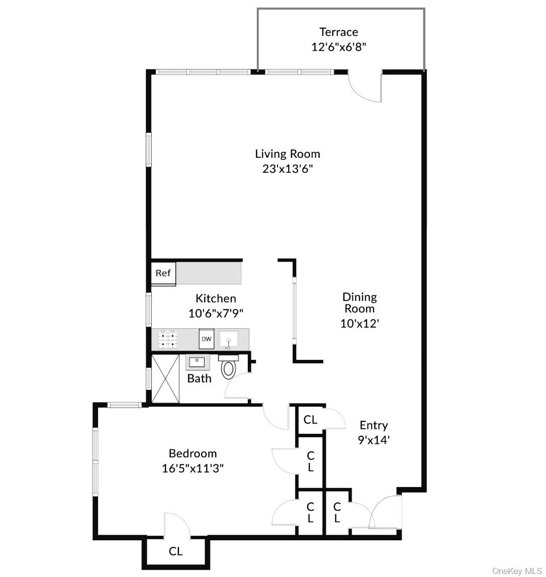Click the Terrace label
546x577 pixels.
(338, 32)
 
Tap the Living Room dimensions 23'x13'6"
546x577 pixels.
(287, 169)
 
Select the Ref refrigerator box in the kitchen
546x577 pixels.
(163, 273)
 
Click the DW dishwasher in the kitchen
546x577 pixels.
(207, 339)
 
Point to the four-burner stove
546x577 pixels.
(168, 339)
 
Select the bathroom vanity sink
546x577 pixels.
(197, 362)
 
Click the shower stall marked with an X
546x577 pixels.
(165, 378)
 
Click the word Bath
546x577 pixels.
(199, 378)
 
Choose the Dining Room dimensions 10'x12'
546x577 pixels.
(359, 323)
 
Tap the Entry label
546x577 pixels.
(374, 426)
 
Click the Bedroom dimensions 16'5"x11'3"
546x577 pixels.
(193, 468)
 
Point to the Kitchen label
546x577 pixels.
(216, 299)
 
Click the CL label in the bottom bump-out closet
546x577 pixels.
(175, 551)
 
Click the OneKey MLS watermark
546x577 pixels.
(517, 571)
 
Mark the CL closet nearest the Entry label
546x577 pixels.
(311, 419)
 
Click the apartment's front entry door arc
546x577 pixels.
(385, 510)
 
